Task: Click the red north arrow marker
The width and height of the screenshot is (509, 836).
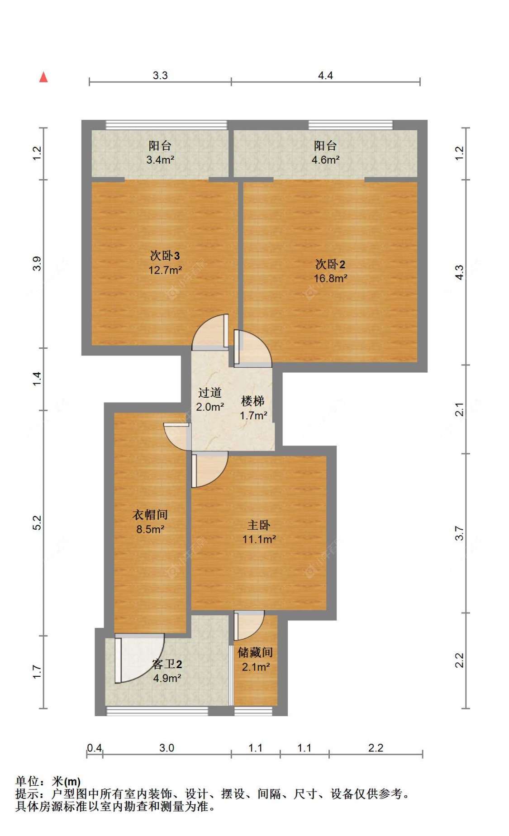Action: tap(43, 77)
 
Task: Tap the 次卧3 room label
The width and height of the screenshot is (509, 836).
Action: tap(165, 256)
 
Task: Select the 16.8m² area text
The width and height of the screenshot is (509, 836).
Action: tap(330, 279)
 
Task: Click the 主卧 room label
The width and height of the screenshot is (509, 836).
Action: tap(259, 525)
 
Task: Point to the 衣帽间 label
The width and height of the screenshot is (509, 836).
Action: tap(150, 514)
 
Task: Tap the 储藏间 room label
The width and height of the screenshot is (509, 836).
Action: tap(255, 652)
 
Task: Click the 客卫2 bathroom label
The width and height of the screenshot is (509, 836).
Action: tap(167, 664)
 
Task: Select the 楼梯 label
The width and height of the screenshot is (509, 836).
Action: tap(252, 401)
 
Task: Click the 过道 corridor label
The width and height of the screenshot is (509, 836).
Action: tap(210, 392)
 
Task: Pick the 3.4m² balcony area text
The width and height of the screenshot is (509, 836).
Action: tap(160, 160)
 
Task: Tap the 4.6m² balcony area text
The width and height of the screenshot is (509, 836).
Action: tap(325, 160)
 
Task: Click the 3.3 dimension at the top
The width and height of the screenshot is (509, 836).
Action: tap(160, 76)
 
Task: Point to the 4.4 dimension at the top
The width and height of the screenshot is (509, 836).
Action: tap(325, 76)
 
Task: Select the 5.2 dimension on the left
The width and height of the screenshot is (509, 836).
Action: tap(37, 522)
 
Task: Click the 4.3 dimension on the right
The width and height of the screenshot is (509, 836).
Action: tap(459, 272)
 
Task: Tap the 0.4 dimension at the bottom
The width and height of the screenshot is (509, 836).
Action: tap(94, 748)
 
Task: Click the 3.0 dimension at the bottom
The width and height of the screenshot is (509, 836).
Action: tap(166, 748)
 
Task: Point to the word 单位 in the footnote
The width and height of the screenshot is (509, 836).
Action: tap(27, 781)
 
